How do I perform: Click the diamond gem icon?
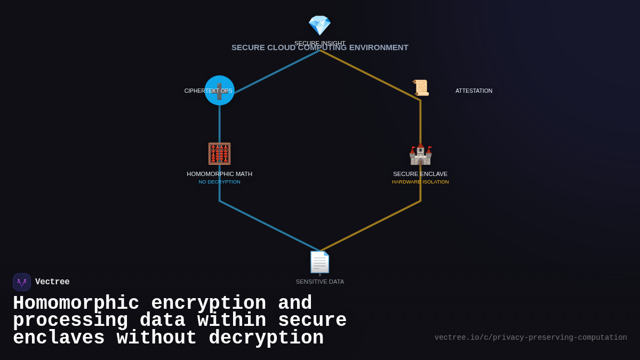[319, 25]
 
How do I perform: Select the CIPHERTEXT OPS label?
[208, 91]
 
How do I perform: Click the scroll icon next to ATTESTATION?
[420, 87]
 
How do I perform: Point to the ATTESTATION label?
[474, 91]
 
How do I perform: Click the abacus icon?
[219, 154]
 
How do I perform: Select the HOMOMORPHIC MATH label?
[219, 174]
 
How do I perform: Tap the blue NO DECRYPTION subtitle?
[219, 182]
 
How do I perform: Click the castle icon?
[420, 154]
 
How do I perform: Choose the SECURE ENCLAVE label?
[420, 174]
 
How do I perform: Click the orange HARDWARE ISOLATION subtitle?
[420, 182]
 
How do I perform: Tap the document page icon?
[320, 262]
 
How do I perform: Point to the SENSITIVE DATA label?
[320, 282]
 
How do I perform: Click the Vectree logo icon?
[22, 282]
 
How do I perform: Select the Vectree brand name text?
[52, 282]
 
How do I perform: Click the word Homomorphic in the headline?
[76, 303]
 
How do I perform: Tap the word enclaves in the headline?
[59, 338]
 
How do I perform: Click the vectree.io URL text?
[530, 338]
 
